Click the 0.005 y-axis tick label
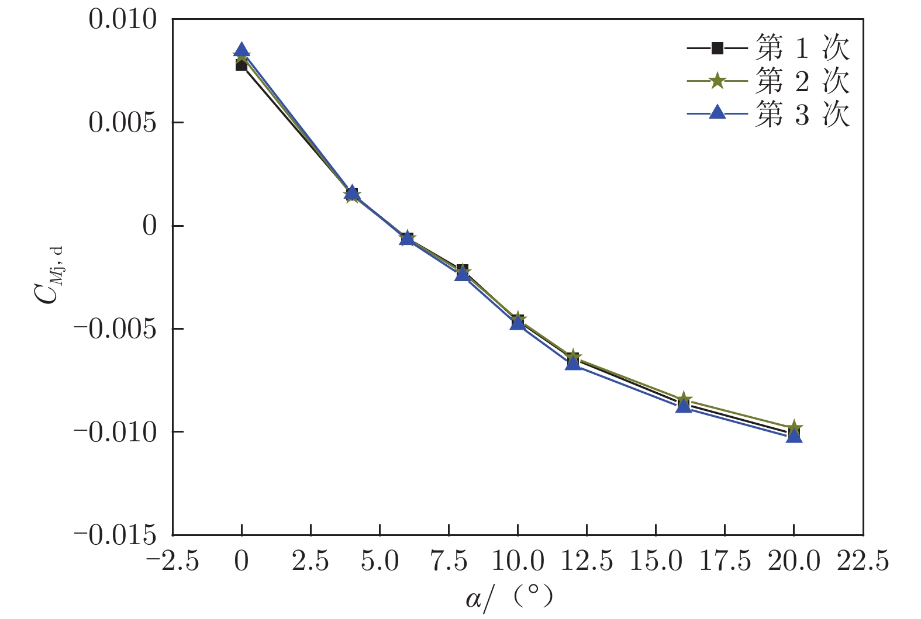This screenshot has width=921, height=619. (x=123, y=123)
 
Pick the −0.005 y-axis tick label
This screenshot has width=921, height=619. (x=116, y=329)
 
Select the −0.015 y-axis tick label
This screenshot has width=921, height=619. (x=116, y=535)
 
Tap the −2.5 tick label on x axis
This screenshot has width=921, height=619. (x=173, y=562)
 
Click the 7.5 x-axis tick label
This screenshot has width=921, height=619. (x=449, y=562)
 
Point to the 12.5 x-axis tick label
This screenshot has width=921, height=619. (x=587, y=562)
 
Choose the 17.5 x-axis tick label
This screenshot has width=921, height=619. (x=725, y=562)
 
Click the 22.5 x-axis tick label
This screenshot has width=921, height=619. (x=863, y=562)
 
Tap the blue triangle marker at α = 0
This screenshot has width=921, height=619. (x=242, y=50)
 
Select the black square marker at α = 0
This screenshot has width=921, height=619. (x=242, y=65)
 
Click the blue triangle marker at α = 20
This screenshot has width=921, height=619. (x=794, y=436)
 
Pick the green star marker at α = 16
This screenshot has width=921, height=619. (x=684, y=400)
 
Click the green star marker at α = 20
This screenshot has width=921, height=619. (x=794, y=427)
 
